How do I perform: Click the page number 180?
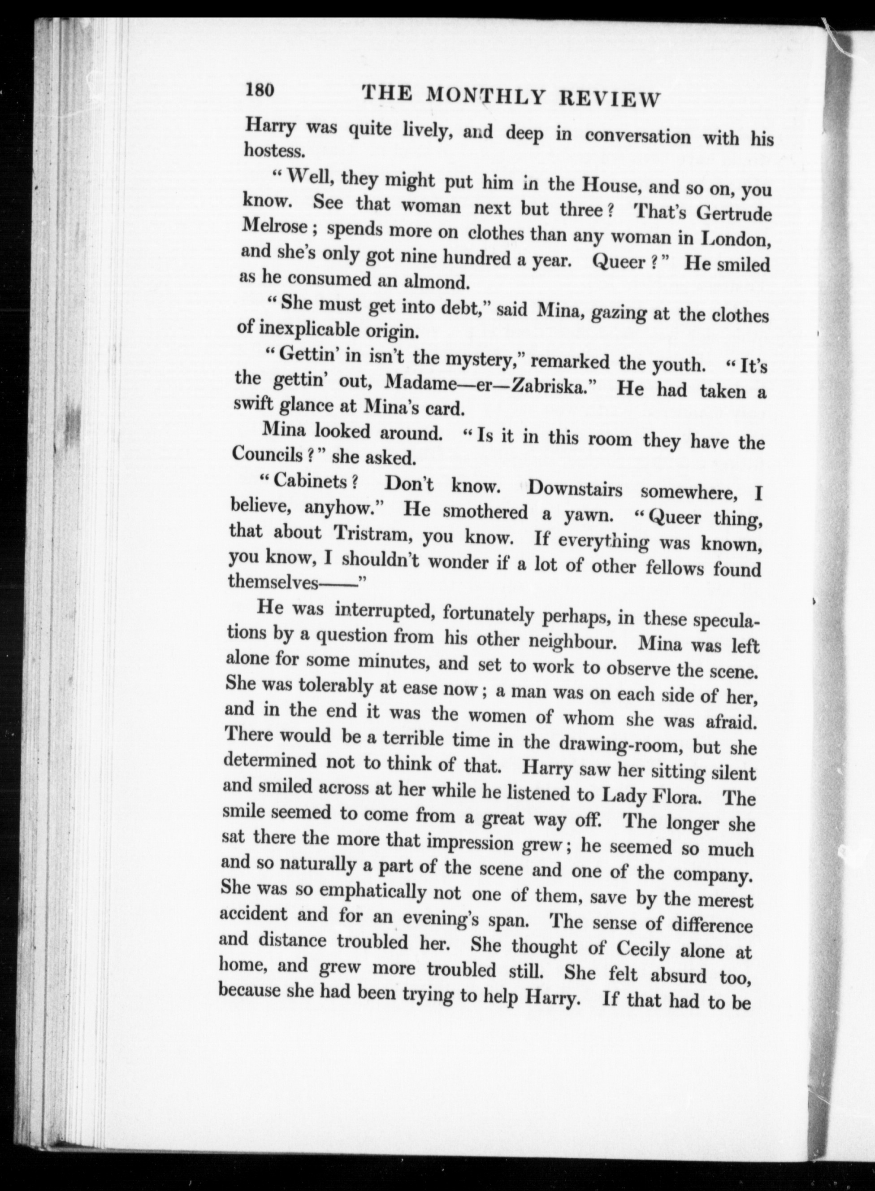(259, 90)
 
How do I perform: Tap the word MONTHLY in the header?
(485, 96)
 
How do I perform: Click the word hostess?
(274, 151)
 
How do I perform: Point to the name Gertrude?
(734, 213)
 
